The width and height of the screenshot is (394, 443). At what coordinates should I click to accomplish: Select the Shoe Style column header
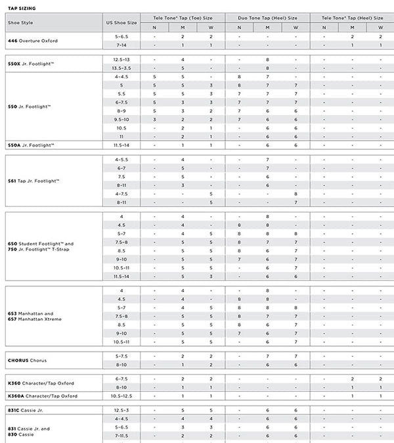(21, 22)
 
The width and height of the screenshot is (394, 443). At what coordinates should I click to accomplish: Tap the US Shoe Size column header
(121, 22)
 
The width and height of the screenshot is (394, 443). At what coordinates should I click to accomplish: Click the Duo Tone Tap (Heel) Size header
(267, 18)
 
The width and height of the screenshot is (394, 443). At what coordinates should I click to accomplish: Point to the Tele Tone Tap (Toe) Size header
(183, 18)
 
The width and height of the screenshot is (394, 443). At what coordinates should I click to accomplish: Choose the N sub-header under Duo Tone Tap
(239, 27)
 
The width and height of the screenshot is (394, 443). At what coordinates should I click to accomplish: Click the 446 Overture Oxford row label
(33, 41)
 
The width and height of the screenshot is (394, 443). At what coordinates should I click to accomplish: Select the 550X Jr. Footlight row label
(31, 64)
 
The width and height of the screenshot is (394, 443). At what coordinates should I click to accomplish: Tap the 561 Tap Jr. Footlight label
(33, 181)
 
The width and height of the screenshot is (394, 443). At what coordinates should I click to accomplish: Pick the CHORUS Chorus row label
(28, 360)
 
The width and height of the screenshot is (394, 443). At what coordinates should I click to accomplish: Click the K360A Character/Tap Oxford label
(43, 396)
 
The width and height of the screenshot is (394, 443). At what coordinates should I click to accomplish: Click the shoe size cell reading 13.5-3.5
(121, 68)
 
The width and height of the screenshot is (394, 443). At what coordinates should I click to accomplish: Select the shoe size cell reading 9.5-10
(121, 120)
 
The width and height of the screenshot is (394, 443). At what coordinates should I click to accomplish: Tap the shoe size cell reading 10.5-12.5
(121, 396)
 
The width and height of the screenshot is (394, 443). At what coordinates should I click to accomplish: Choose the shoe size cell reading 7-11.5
(121, 436)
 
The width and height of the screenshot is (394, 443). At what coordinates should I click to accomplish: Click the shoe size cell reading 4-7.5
(121, 194)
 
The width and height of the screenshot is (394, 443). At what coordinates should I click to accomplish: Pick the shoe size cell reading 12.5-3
(121, 410)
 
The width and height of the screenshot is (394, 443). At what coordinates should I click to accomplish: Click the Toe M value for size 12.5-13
(183, 60)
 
